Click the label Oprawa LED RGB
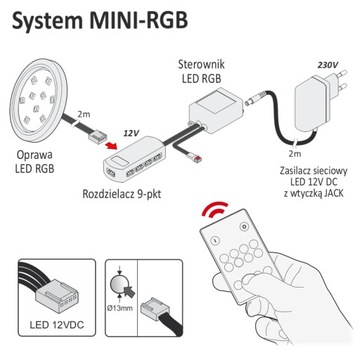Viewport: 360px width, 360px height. [x=37, y=164]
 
